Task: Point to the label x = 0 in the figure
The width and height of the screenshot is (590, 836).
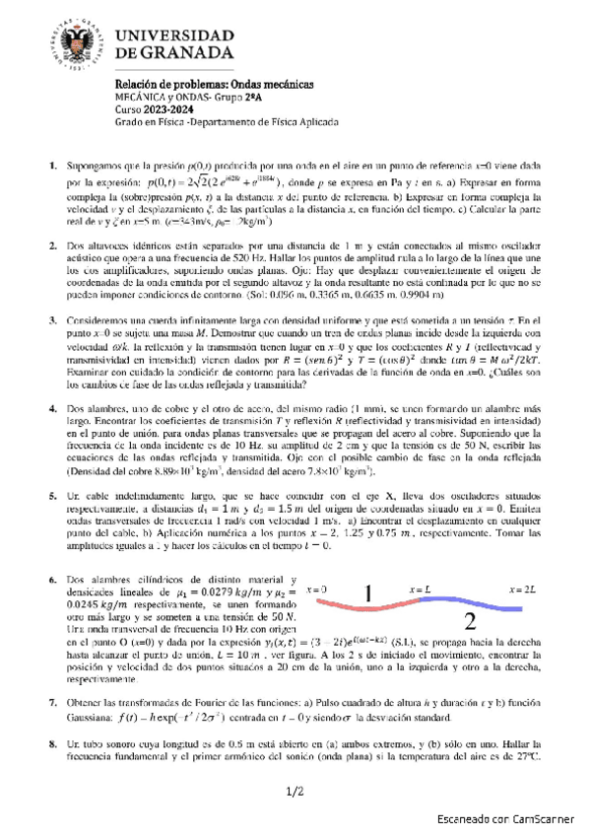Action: (318, 589)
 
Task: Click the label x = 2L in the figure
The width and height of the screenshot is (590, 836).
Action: (522, 589)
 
